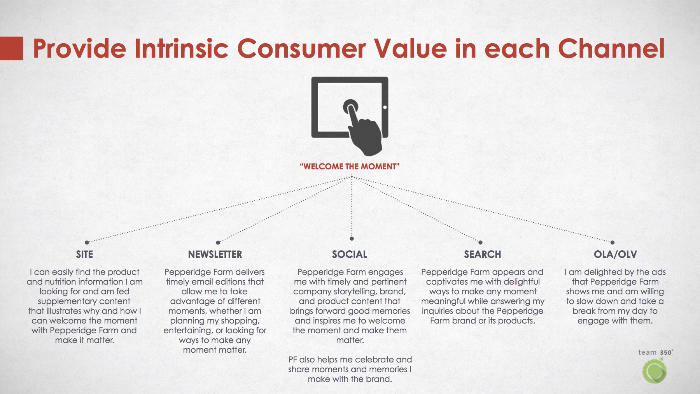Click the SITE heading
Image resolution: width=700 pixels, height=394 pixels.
click(84, 254)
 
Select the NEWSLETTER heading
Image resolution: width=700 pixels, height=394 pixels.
click(215, 254)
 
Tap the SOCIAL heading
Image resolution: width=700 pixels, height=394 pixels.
click(350, 254)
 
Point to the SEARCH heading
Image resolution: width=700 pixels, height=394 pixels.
click(483, 254)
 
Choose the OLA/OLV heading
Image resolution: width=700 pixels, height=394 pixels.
click(615, 254)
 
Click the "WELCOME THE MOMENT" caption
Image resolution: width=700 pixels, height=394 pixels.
click(350, 167)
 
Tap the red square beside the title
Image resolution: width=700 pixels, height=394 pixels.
click(11, 48)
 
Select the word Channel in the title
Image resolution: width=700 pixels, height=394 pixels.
click(611, 48)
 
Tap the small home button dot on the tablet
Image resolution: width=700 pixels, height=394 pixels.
click(385, 107)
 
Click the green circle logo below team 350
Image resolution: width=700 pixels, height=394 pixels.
click(654, 371)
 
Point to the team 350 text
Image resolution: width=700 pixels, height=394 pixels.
click(656, 352)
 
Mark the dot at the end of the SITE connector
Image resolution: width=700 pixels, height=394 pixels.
click(87, 242)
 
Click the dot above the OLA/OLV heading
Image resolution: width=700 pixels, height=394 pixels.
click(612, 242)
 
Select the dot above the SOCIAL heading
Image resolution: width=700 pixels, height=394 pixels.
click(352, 238)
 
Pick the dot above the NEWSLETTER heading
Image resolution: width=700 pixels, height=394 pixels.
click(218, 242)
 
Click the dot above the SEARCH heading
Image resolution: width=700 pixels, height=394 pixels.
click(480, 242)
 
